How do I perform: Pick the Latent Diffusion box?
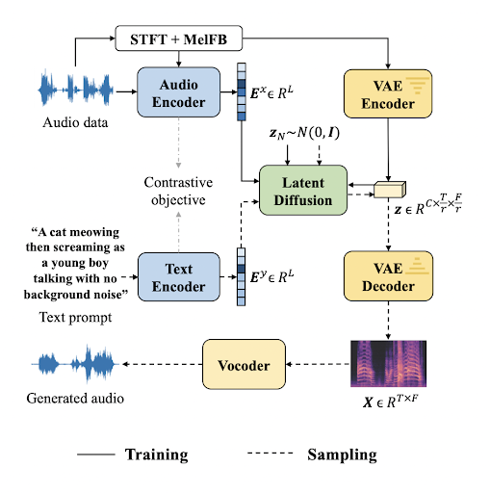pyautogui.click(x=302, y=189)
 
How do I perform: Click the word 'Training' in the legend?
pyautogui.click(x=159, y=453)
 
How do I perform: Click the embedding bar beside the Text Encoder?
pyautogui.click(x=241, y=276)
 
